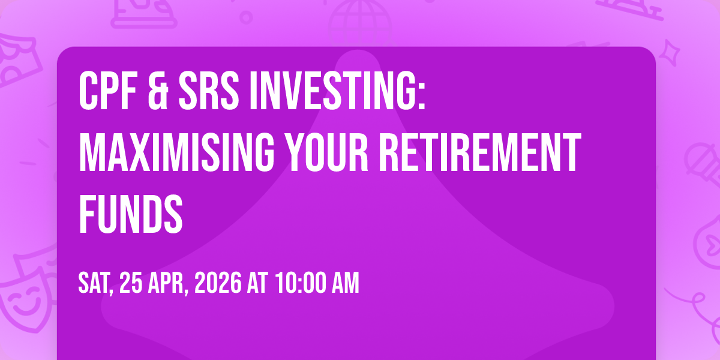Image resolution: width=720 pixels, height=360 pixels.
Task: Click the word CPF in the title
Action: pos(108,91)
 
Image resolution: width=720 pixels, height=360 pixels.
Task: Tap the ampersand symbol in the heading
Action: pos(158,91)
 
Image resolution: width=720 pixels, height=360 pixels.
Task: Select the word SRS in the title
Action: pos(209,91)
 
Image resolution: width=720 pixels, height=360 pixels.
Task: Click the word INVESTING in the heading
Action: pos(331,91)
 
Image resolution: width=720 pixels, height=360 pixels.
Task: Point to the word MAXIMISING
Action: pos(176,152)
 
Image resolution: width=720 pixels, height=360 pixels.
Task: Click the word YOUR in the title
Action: pos(327,152)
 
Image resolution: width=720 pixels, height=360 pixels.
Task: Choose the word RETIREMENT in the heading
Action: pos(480,152)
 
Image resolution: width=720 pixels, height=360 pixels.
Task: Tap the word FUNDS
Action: pos(131,214)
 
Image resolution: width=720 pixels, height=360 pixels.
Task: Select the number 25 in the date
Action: pos(131,283)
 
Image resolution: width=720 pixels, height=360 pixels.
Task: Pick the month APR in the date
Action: pos(167,283)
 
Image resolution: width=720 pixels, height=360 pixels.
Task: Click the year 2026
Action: pos(218,283)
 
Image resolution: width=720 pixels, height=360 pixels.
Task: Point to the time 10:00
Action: pos(300,283)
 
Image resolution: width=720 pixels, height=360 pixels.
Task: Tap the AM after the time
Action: pos(345,283)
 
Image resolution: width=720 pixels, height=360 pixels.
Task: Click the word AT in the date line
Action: pos(257,283)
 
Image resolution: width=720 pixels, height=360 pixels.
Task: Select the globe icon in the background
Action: pos(360,23)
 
